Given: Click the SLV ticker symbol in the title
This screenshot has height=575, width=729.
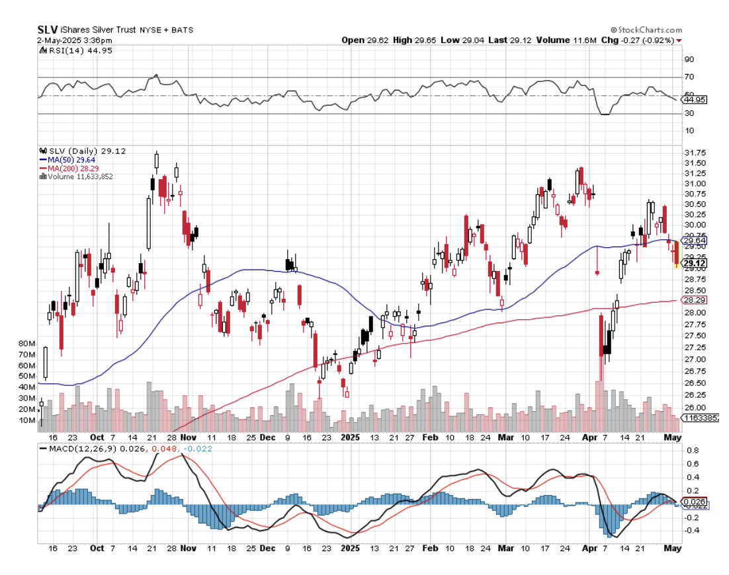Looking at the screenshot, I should pos(46,30).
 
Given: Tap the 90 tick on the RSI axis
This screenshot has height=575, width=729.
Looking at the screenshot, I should pos(689,59).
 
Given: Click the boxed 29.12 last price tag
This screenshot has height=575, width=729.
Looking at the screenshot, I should pos(695,263).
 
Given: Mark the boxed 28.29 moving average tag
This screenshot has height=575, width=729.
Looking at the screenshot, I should pos(695,300).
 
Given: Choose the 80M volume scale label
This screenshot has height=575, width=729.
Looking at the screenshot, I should pos(26,344).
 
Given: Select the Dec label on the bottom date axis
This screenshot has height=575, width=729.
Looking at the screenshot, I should pos(268,548).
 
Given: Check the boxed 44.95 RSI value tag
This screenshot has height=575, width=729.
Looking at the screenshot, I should pos(695,100).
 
